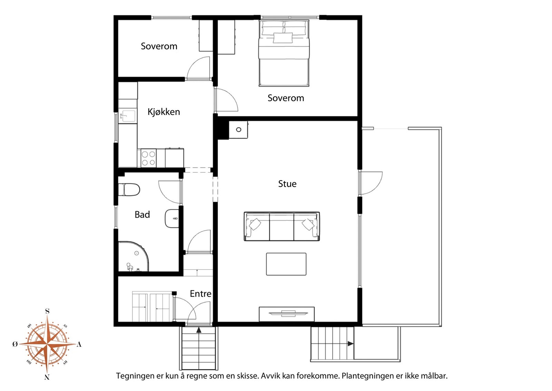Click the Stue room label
287,184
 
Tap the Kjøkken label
164,112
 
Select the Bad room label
142,214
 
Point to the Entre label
200,294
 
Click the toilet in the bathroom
129,190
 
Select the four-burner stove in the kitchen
149,158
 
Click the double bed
284,53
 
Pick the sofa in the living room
282,226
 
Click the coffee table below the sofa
286,264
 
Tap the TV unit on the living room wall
287,314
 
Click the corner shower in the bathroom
133,256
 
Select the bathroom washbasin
172,219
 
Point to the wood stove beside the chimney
238,130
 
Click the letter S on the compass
47,311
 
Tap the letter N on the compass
47,377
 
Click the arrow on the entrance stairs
199,330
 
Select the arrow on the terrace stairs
351,344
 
